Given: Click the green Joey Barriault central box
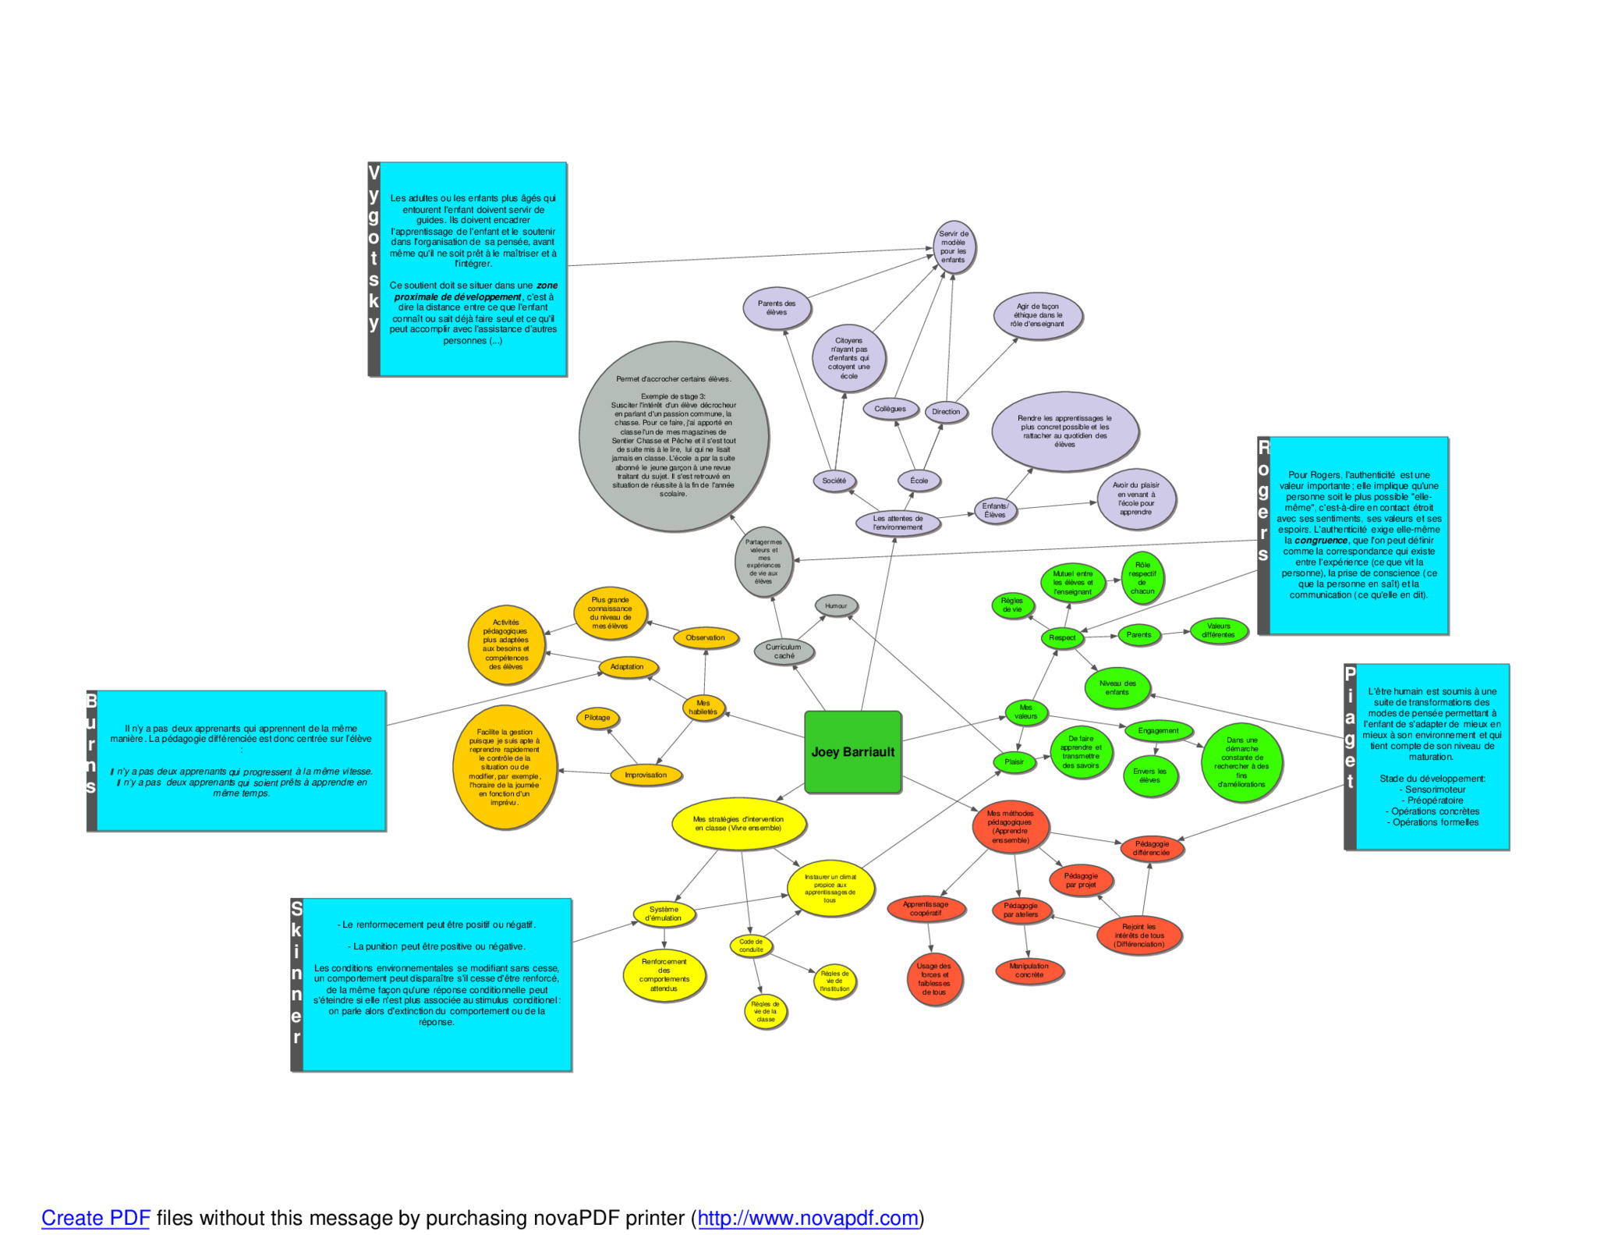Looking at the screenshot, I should point(852,751).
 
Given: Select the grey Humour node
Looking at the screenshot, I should point(836,605).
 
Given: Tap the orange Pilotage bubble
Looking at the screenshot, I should point(597,718).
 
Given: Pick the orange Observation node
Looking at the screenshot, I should point(705,637).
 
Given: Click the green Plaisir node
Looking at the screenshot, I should point(1014,761).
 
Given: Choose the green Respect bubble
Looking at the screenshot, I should point(1061,637).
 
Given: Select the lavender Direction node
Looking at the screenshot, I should point(946,411).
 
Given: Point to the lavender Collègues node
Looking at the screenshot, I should point(890,409).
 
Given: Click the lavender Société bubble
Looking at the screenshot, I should point(834,481).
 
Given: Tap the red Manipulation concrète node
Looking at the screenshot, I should point(1029,971).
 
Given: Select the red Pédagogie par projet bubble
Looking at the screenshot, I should point(1081,880).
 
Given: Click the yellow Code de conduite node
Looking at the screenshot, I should point(751,946).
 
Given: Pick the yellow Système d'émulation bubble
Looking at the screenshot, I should point(664,914).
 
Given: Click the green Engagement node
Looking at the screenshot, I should point(1158,730).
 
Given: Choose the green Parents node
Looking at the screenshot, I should point(1138,634).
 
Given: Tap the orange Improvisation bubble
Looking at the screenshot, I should point(646,775).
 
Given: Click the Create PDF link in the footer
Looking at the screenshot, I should point(95,1218).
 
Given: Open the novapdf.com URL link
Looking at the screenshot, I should point(807,1218).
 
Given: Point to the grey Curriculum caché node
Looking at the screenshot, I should point(784,651).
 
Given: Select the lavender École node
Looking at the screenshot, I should point(919,481).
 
